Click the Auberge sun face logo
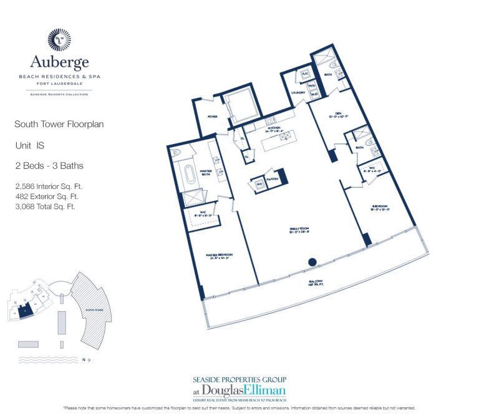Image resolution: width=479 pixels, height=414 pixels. point(60,39)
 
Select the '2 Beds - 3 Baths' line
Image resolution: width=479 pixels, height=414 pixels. point(49,166)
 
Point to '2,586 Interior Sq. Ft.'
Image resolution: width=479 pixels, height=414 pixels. point(49,186)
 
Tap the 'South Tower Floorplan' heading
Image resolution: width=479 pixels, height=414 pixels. point(59,124)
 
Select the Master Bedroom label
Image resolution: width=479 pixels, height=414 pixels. point(220,256)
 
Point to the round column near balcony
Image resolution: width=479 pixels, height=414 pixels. point(312,262)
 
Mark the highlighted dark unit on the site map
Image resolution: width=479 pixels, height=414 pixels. point(24,310)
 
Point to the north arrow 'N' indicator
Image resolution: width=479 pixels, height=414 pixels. point(86,360)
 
